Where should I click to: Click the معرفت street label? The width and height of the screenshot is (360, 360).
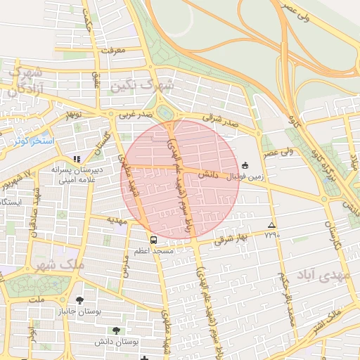coord(112,51)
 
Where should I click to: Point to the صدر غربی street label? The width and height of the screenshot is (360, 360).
coord(134,113)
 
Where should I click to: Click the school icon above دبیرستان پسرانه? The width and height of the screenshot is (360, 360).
coord(77,159)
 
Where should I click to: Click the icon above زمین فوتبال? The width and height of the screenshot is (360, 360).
coord(245,165)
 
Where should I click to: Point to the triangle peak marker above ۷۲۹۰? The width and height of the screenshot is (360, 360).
coord(271,226)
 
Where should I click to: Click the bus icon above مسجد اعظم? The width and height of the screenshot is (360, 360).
coord(153,240)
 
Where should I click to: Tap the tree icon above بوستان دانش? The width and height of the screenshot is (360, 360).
coord(116,330)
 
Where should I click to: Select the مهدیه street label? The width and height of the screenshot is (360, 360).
coord(115,219)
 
